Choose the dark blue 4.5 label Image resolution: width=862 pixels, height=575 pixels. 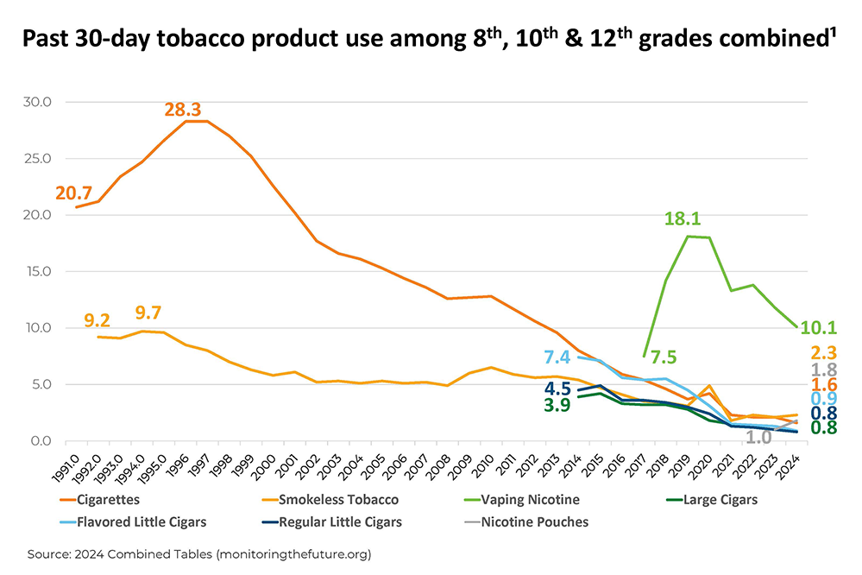[557, 389]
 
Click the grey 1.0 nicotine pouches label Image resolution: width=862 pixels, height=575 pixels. [759, 437]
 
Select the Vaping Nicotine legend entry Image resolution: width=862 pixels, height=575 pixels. [527, 499]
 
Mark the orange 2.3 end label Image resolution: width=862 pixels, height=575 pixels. [823, 352]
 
